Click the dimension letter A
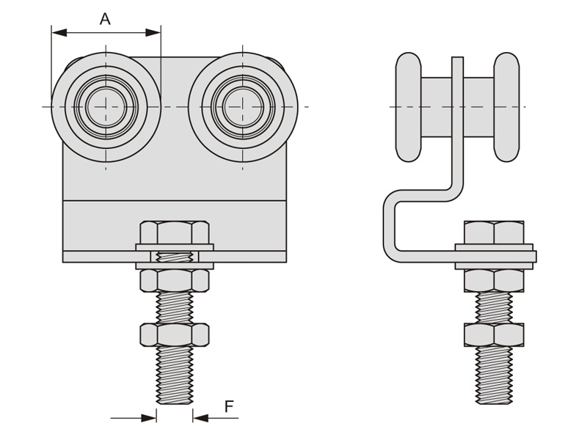pos(105,19)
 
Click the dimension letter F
pos(229,406)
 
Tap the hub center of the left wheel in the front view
pos(106,107)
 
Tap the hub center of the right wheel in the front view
pos(243,107)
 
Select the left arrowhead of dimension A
pos(59,33)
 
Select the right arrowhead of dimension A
pos(153,33)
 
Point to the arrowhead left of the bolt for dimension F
pos(149,417)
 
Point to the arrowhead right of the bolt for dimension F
pos(200,417)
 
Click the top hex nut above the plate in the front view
pos(175,232)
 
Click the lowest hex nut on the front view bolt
pos(175,335)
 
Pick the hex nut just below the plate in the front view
pos(175,281)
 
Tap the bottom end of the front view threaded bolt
pos(175,403)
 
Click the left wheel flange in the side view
pos(409,107)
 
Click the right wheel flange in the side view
pos(506,107)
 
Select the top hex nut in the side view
pos(494,232)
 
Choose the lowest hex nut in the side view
pos(494,334)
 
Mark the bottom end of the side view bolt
pos(494,403)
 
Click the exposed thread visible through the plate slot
pos(175,257)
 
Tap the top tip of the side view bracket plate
pos(457,57)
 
